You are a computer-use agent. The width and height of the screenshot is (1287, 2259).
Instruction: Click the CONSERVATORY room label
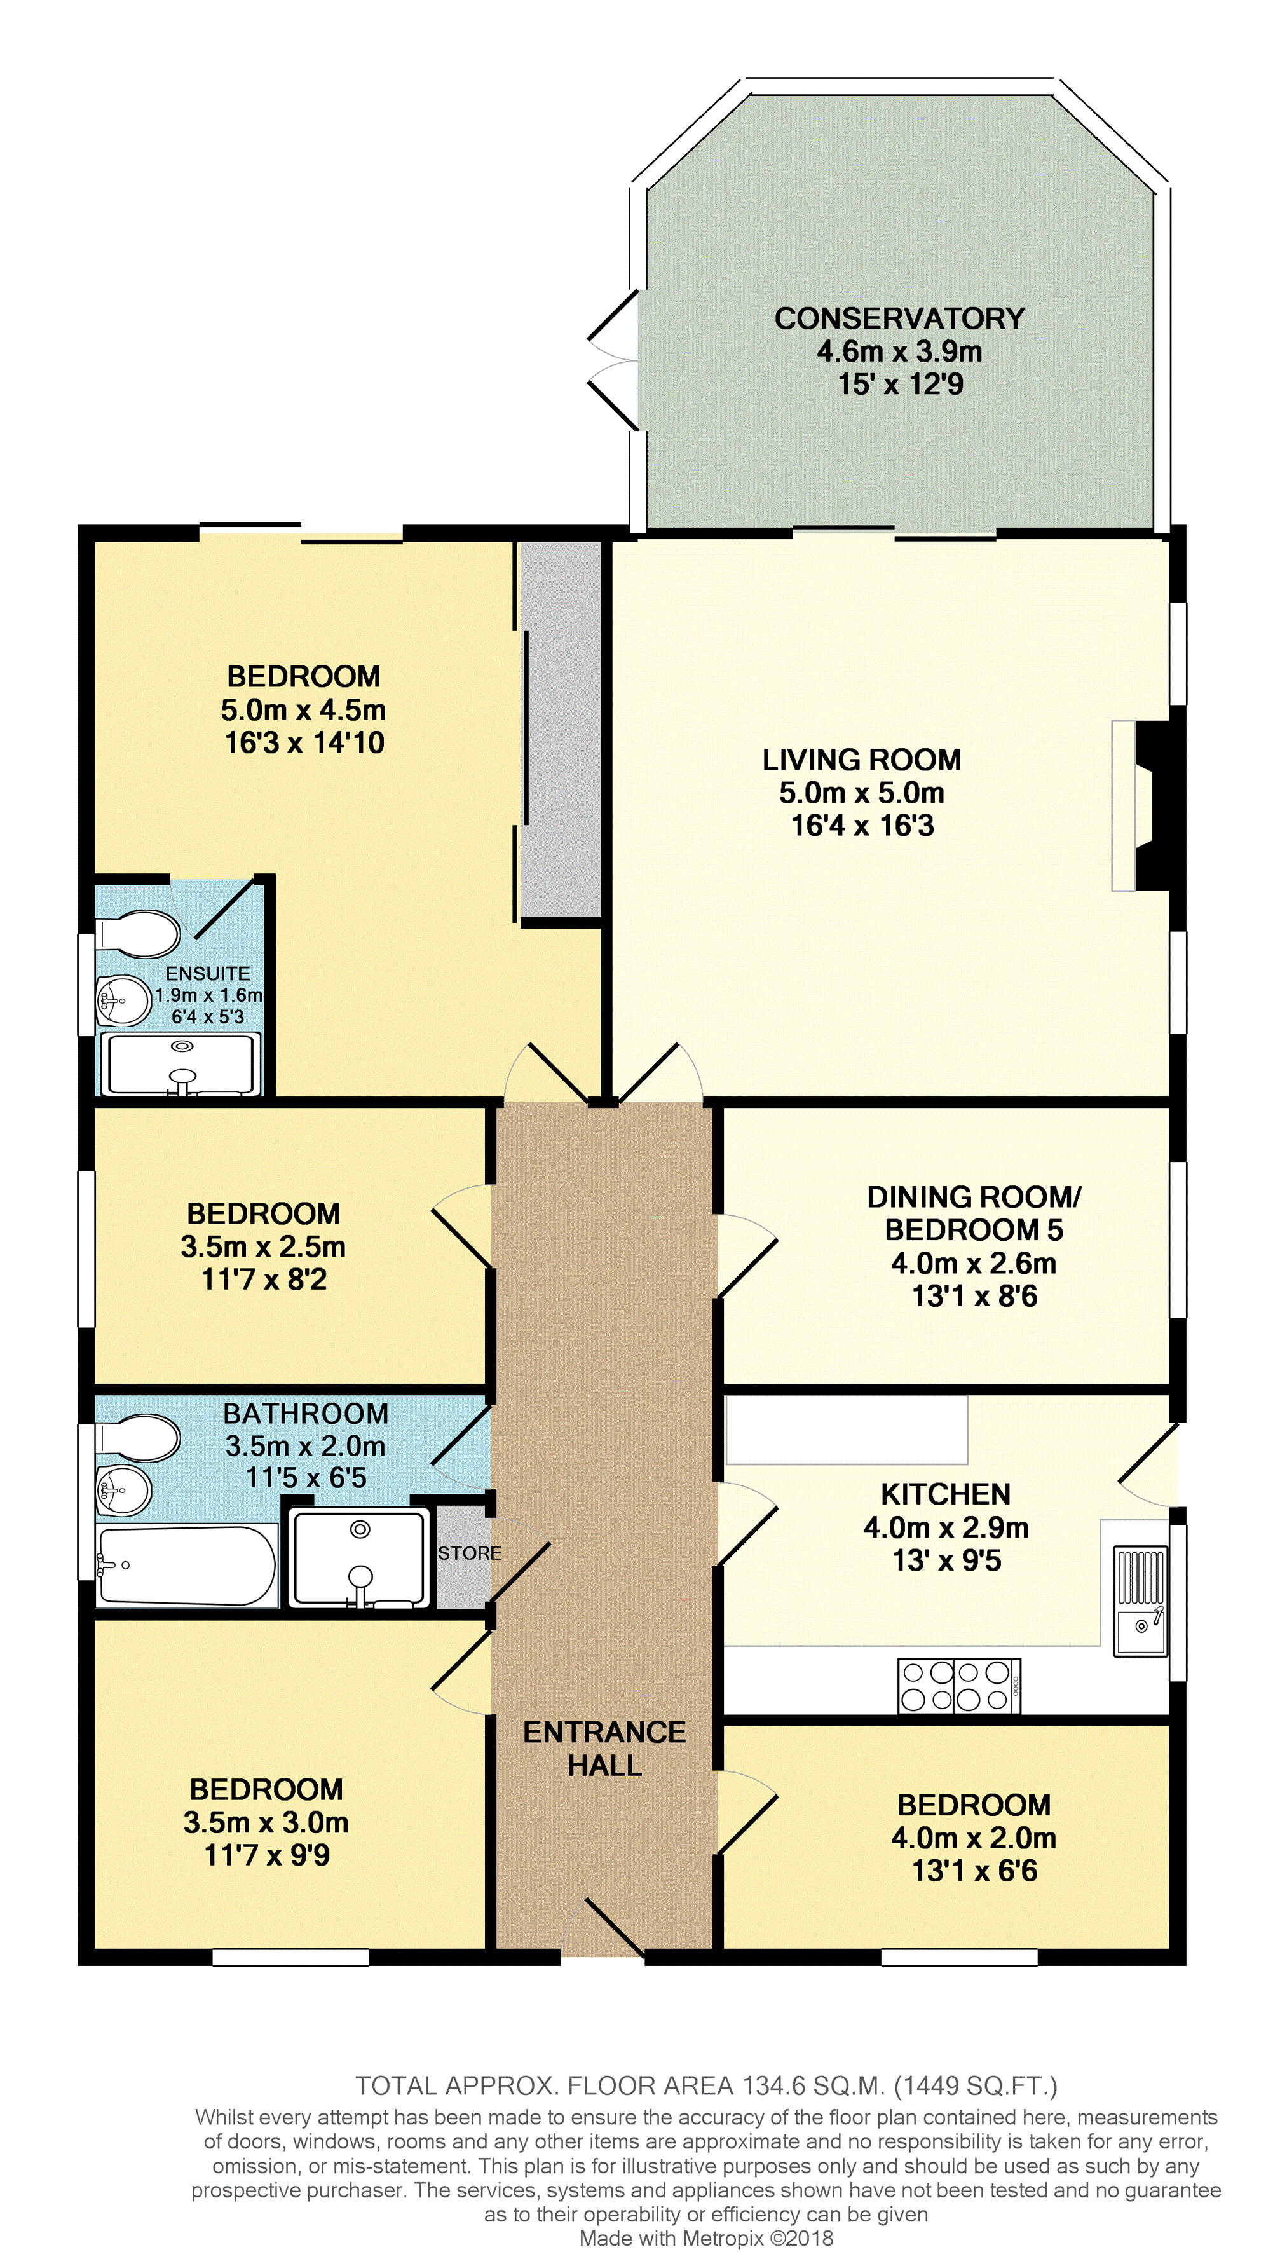900,318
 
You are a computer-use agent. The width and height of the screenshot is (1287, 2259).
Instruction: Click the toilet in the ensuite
137,934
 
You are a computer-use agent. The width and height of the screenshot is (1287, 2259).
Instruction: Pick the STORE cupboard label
470,1553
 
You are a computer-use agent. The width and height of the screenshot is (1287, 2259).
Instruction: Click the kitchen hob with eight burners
959,1686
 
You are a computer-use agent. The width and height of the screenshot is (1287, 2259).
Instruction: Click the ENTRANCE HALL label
604,1748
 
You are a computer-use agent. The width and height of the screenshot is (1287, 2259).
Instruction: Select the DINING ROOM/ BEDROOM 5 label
974,1213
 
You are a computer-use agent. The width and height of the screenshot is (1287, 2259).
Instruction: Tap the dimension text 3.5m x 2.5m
263,1246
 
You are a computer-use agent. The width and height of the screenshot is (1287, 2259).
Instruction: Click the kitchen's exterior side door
1149,1464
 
